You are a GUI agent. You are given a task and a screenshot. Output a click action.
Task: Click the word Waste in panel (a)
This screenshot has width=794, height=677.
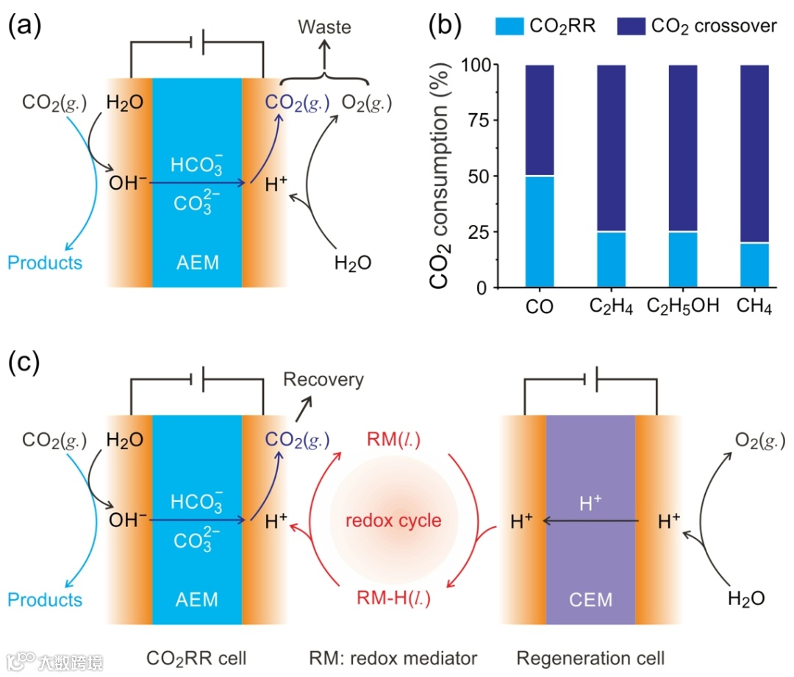(324, 27)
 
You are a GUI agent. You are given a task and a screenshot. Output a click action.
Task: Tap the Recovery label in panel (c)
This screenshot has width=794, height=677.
(323, 379)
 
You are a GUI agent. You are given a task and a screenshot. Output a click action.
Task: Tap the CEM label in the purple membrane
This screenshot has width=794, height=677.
(590, 600)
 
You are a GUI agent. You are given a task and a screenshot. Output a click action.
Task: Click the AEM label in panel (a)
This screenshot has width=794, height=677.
(197, 262)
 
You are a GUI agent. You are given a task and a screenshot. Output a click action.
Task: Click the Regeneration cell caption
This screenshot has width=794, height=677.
(590, 656)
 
